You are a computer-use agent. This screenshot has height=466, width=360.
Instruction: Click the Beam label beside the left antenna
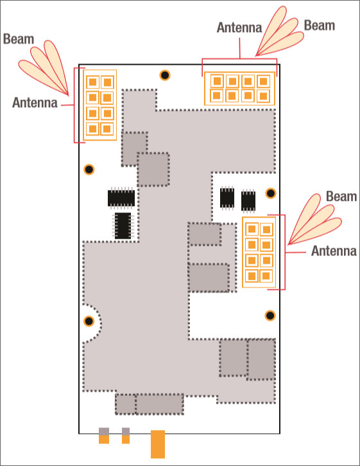pyautogui.click(x=19, y=39)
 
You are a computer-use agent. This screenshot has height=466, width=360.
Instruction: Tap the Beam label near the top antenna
pyautogui.click(x=320, y=26)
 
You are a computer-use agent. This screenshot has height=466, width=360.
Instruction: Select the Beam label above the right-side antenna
pyautogui.click(x=341, y=196)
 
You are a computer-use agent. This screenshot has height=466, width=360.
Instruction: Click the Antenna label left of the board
pyautogui.click(x=35, y=103)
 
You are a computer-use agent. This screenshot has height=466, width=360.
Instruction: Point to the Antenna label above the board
pyautogui.click(x=239, y=28)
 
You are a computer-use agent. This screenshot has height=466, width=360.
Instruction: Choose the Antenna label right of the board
pyautogui.click(x=334, y=251)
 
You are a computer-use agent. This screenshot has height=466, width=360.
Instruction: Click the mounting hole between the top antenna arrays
pyautogui.click(x=165, y=75)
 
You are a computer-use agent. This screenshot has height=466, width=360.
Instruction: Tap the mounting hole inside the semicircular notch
pyautogui.click(x=89, y=321)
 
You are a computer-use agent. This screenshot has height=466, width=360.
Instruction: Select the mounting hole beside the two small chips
pyautogui.click(x=271, y=193)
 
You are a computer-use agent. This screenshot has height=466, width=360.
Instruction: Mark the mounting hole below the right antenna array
pyautogui.click(x=270, y=315)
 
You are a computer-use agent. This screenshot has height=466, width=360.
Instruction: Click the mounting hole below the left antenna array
pyautogui.click(x=89, y=169)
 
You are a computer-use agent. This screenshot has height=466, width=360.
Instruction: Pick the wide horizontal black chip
pyautogui.click(x=121, y=197)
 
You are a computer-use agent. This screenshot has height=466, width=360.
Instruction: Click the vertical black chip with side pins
pyautogui.click(x=123, y=225)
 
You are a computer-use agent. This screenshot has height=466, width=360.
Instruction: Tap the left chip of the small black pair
pyautogui.click(x=227, y=198)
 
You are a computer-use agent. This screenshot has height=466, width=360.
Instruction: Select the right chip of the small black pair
pyautogui.click(x=248, y=201)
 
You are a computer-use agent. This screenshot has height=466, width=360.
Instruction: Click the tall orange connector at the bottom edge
pyautogui.click(x=158, y=444)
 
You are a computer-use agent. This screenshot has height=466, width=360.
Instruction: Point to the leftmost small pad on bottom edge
pyautogui.click(x=104, y=436)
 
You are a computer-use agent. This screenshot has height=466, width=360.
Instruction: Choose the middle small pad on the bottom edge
pyautogui.click(x=126, y=436)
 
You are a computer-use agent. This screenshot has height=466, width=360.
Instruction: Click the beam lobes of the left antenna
pyautogui.click(x=44, y=67)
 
